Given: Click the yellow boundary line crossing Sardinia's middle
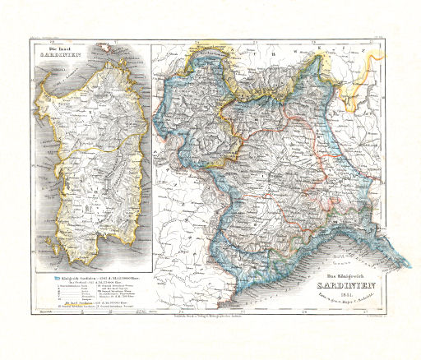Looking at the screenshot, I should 82,152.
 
